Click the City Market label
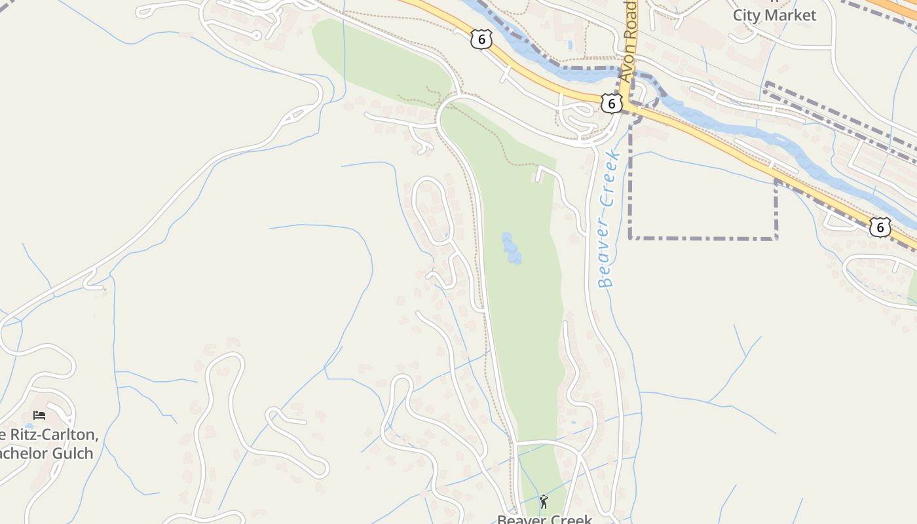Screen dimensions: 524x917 pos(774,15)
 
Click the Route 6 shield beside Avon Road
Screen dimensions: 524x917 pos(611,103)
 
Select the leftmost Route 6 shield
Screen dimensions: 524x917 pos(481,39)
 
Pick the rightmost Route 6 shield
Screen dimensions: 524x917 pos(880,227)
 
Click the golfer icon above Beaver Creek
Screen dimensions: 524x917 pos(544,502)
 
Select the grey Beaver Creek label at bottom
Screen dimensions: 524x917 pos(544,519)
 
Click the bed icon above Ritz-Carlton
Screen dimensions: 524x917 pos(39,415)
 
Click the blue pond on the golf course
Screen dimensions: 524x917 pos(511,249)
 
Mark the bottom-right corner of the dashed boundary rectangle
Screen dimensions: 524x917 pos(776,238)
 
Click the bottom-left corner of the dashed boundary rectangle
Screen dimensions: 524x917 pos(630,238)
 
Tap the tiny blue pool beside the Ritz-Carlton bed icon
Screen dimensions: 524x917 pos(28,426)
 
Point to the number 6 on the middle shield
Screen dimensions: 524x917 pos(611,103)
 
